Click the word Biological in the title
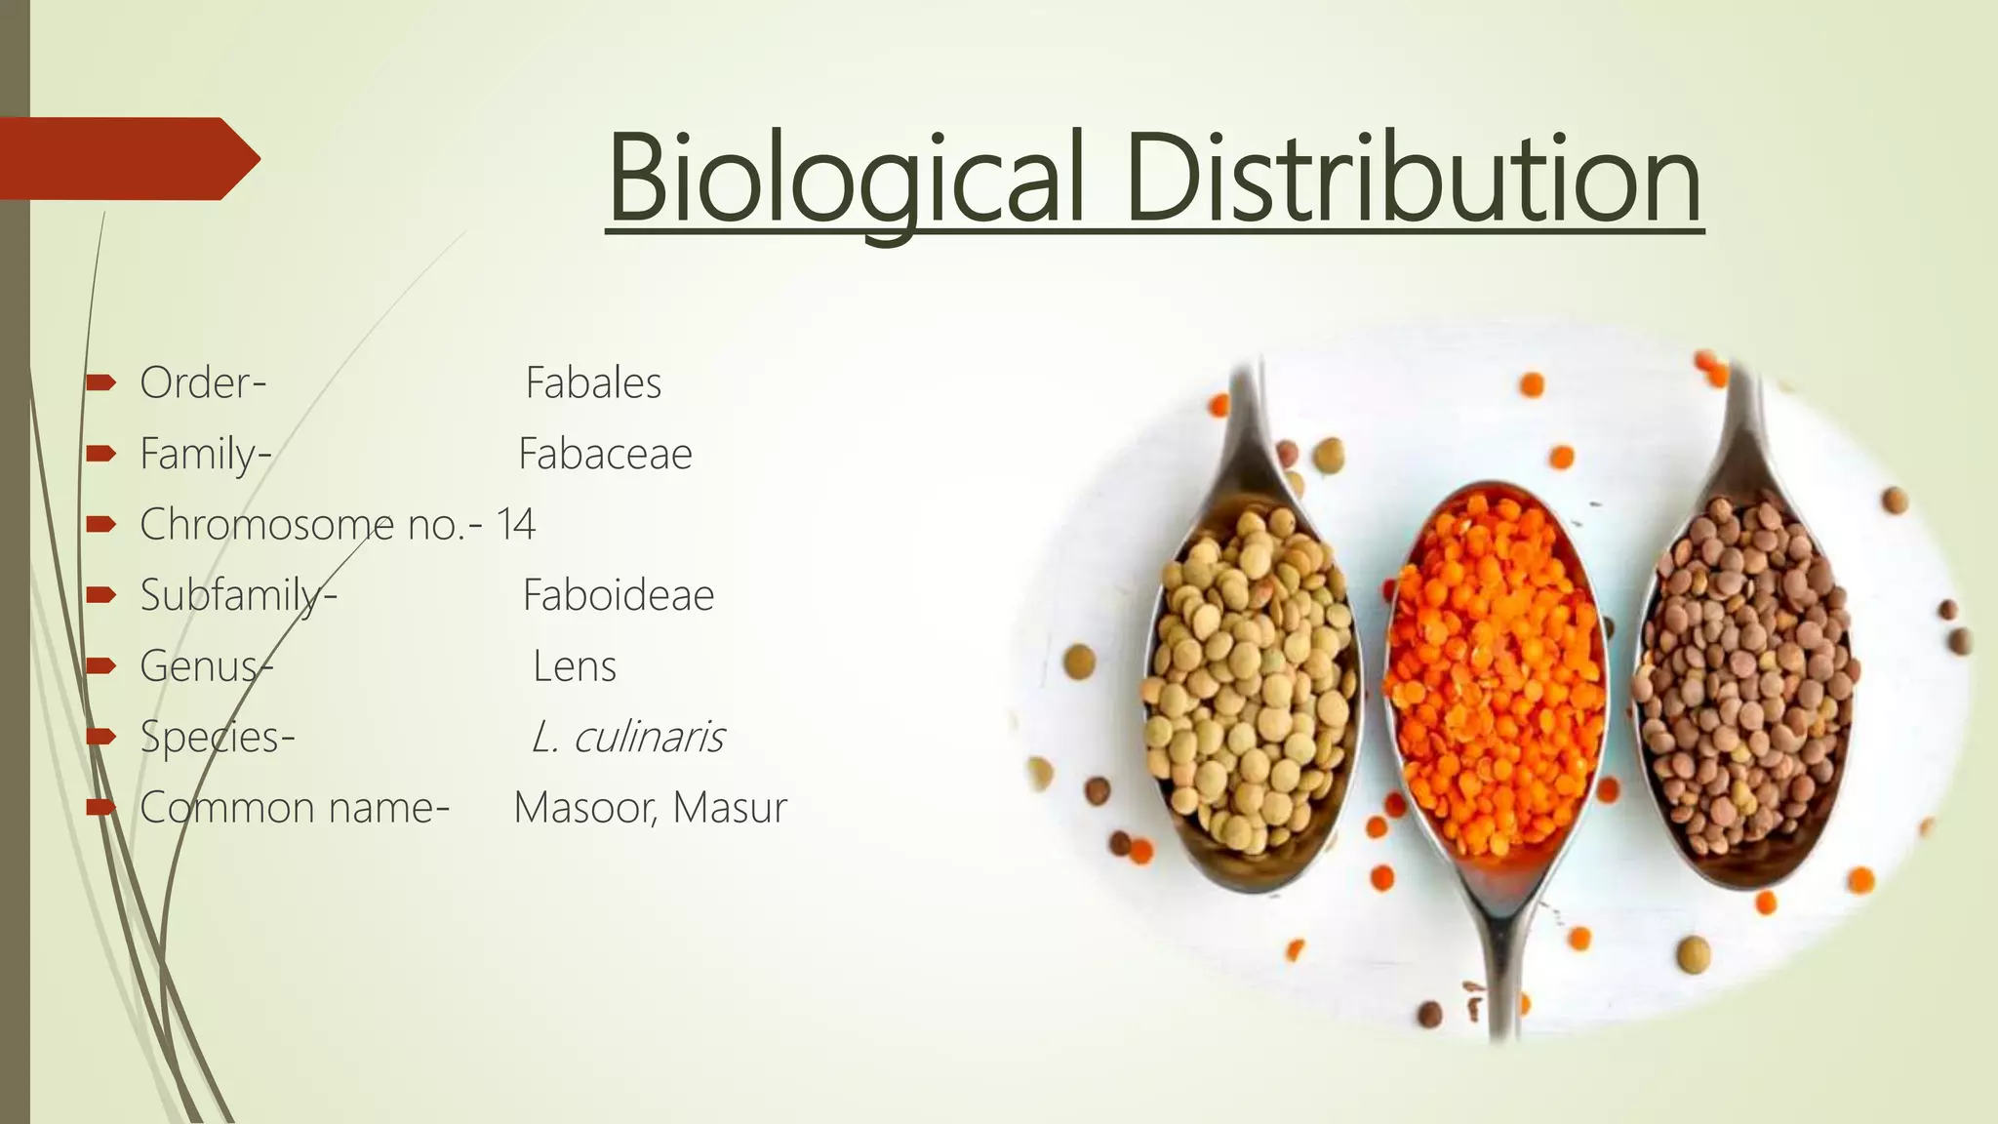pyautogui.click(x=846, y=181)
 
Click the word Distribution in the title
pyautogui.click(x=1415, y=181)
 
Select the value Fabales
pyautogui.click(x=593, y=382)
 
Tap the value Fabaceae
pyautogui.click(x=605, y=454)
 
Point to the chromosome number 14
pyautogui.click(x=516, y=525)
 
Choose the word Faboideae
pyautogui.click(x=619, y=595)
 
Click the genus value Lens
pyautogui.click(x=575, y=666)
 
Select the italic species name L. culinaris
pyautogui.click(x=627, y=737)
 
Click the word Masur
pyautogui.click(x=730, y=808)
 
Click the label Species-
pyautogui.click(x=217, y=737)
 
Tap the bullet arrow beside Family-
pyautogui.click(x=100, y=454)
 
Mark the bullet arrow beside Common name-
pyautogui.click(x=100, y=807)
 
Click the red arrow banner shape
pyautogui.click(x=127, y=159)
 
